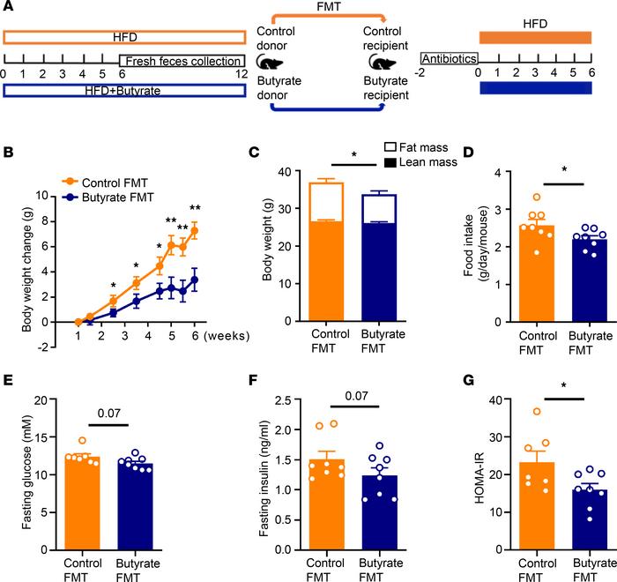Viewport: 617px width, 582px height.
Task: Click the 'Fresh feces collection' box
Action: point(182,61)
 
